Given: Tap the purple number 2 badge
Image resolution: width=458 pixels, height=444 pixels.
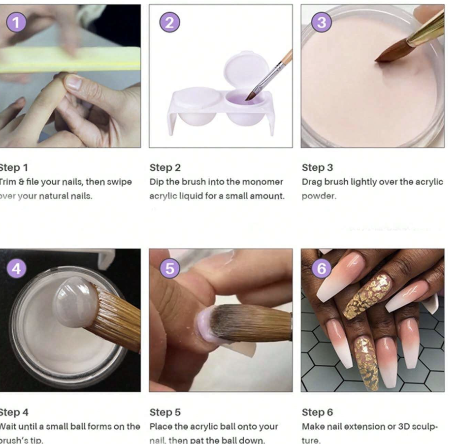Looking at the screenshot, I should [x=169, y=23].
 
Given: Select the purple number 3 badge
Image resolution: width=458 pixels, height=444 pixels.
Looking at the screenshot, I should [x=322, y=23].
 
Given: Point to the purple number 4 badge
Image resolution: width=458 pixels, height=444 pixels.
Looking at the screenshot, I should [x=17, y=269].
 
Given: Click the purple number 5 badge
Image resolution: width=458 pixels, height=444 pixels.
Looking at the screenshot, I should [x=169, y=269].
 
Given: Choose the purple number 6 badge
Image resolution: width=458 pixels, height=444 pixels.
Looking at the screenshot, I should [x=322, y=269].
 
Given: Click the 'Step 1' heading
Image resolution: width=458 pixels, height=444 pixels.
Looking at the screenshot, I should [x=14, y=167].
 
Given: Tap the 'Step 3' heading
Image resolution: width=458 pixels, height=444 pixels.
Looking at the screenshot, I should [x=317, y=167].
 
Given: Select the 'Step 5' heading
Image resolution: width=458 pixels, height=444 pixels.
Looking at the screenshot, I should [x=165, y=412].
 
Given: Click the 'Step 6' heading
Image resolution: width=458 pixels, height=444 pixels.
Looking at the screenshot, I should [x=317, y=412].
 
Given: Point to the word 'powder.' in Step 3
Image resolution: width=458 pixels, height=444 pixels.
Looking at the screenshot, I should [x=319, y=196].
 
